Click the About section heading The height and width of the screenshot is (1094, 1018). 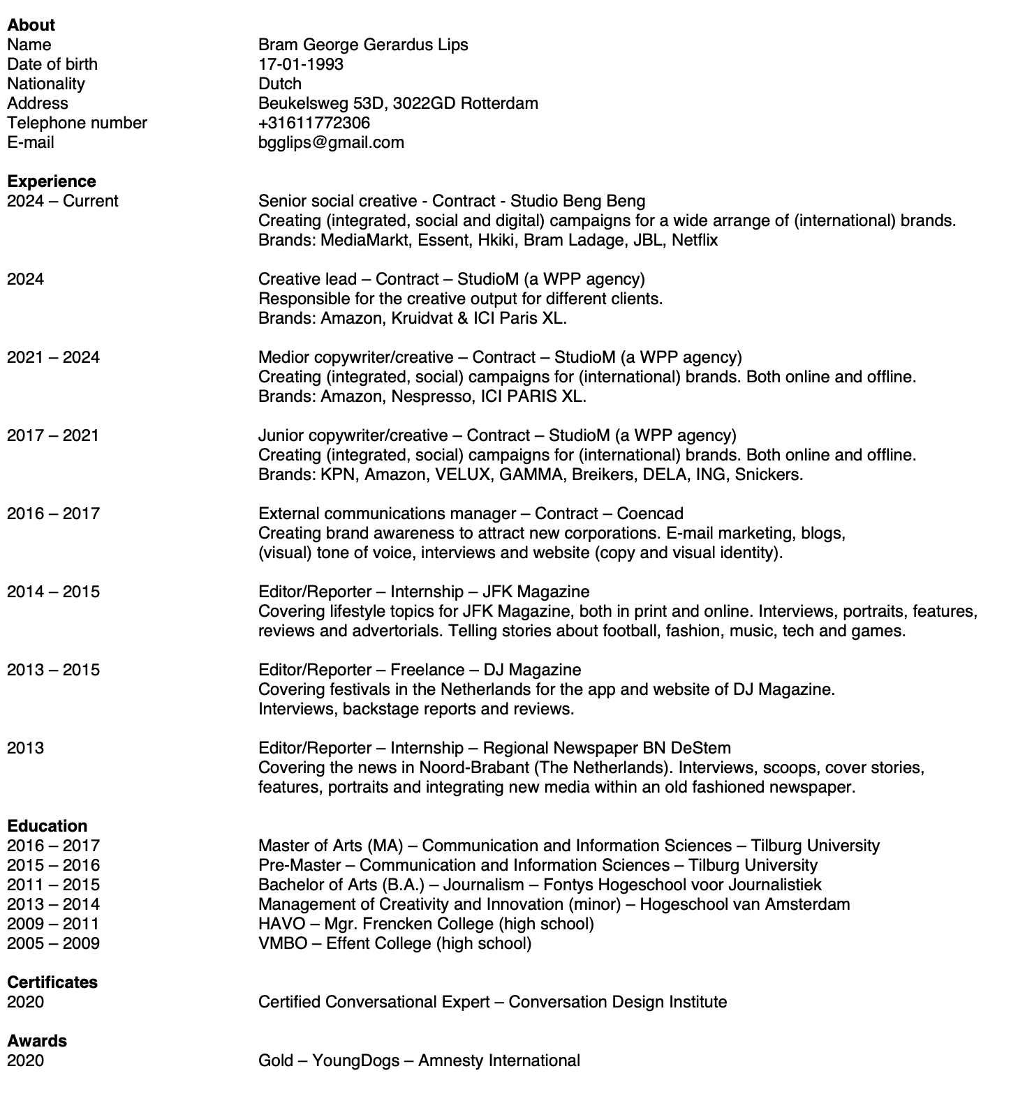point(31,25)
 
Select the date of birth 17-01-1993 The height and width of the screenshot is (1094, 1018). point(300,64)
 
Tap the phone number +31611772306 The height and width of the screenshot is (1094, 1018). point(313,123)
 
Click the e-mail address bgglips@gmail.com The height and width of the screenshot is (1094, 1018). point(331,142)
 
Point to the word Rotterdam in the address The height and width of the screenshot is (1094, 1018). point(499,103)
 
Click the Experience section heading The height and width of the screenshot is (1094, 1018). point(52,181)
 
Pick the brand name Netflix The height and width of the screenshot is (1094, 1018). point(695,240)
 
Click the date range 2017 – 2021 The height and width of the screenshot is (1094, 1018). point(53,435)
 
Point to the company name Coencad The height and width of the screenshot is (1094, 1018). point(650,514)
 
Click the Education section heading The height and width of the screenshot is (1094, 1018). point(47,826)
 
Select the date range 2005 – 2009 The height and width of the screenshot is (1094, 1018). point(53,943)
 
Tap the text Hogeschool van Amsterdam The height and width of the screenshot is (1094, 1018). point(745,904)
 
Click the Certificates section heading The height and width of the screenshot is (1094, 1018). point(52,982)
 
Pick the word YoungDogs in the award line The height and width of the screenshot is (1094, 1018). point(356,1061)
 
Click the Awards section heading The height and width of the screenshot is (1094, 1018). point(37,1041)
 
